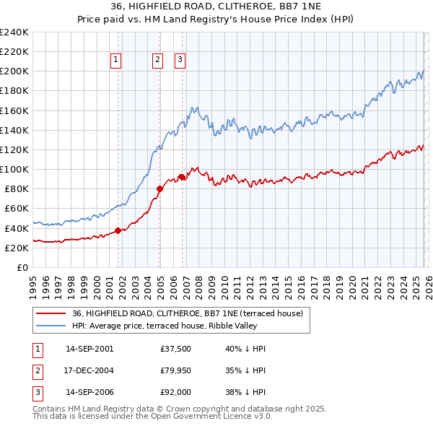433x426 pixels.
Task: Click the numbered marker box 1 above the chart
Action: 116,61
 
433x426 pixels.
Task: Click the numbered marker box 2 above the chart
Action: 157,61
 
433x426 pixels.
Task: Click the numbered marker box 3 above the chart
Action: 180,61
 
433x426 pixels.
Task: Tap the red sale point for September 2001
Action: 118,231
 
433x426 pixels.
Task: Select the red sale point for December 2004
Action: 159,189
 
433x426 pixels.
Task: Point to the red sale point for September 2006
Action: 182,178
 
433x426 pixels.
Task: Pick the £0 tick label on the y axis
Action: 22,267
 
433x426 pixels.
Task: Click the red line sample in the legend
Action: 51,313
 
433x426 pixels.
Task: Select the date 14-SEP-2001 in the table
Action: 89,349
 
